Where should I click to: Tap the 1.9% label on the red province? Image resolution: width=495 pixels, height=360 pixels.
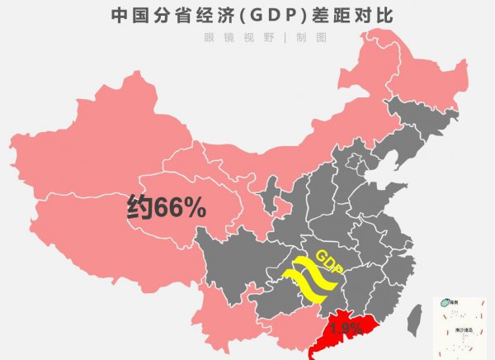click(346, 329)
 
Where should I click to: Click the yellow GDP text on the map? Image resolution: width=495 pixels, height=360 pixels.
click(329, 258)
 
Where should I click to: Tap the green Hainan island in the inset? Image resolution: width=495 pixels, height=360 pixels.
click(442, 303)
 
